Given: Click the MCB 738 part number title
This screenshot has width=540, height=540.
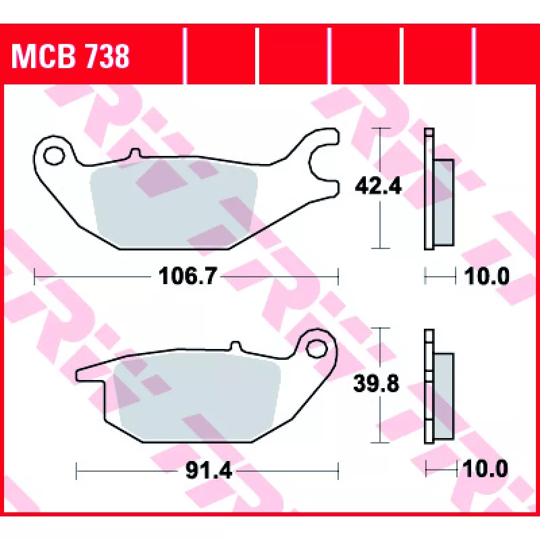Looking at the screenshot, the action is click(x=70, y=57).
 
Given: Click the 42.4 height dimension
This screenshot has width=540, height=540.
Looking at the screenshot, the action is click(x=378, y=186).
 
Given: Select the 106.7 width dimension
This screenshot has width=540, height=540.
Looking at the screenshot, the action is click(x=188, y=276).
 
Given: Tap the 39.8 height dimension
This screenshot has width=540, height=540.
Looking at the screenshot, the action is click(x=376, y=383).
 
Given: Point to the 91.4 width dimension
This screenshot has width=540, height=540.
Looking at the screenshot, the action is click(x=209, y=470).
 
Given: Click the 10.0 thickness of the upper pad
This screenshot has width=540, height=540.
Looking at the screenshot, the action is click(x=487, y=276).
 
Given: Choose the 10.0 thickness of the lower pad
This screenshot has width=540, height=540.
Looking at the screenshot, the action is click(x=485, y=468).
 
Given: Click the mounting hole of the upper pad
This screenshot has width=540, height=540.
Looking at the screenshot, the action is click(x=54, y=156).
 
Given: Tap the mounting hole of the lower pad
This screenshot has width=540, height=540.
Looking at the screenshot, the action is click(x=316, y=349).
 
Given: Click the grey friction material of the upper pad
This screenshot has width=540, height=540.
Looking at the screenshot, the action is click(x=174, y=203).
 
